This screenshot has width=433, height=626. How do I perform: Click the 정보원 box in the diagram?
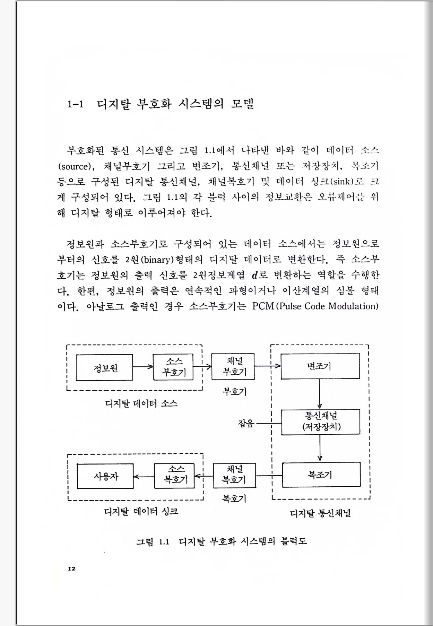[x=104, y=367]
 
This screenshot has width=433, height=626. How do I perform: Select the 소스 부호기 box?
[x=173, y=367]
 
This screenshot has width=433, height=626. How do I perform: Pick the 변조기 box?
[x=320, y=366]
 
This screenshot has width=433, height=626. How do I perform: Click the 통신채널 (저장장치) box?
[x=321, y=421]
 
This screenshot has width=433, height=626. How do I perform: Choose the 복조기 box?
[x=321, y=474]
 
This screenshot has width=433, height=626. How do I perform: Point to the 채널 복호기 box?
[x=234, y=475]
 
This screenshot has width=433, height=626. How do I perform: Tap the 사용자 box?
[x=105, y=476]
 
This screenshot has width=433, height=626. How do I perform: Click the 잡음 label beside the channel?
[x=246, y=423]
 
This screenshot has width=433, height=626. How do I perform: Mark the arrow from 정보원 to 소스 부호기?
[x=143, y=367]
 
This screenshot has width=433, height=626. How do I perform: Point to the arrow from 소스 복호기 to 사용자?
[x=144, y=477]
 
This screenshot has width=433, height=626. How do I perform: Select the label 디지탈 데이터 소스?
[x=141, y=403]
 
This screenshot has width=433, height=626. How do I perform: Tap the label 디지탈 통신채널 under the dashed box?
[x=320, y=513]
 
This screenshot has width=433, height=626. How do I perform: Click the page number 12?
[x=72, y=568]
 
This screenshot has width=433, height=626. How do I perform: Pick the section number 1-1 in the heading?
[x=76, y=104]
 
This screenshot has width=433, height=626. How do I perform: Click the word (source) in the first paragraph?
[x=76, y=167]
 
